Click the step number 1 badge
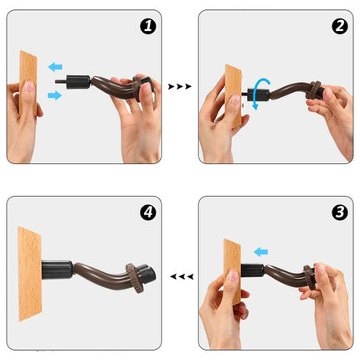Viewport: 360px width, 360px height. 147,27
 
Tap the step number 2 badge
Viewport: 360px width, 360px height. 339,27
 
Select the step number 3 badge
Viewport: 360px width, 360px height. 339,212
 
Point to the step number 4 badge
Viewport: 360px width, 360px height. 147,213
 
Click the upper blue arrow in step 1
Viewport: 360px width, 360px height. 54,66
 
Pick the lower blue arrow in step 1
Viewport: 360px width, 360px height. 55,95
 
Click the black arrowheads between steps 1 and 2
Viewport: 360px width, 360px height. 179,86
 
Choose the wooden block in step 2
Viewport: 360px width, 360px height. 232,94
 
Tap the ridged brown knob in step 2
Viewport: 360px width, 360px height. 317,87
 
